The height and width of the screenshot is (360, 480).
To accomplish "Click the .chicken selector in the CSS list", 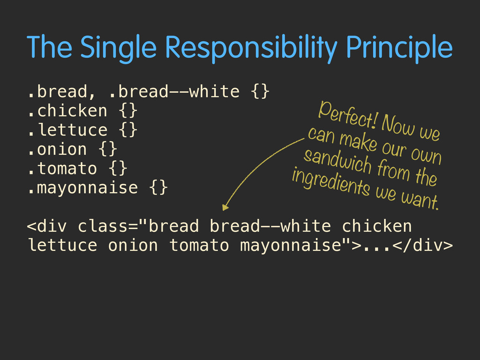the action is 67,111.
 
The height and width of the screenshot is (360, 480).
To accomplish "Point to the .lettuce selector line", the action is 67,130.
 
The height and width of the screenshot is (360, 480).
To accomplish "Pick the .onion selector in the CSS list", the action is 58,150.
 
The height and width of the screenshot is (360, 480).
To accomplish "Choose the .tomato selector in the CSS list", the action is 62,169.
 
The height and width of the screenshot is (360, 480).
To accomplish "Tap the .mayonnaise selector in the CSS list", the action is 82,188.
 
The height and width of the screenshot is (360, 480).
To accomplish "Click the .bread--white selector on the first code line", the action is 174,91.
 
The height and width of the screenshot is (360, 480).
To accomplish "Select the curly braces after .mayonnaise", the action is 158,187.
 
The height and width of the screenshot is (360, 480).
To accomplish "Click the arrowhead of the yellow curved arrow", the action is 225,208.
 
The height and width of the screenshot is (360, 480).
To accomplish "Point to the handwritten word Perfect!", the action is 347,115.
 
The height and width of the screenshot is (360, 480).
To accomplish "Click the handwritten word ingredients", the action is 331,182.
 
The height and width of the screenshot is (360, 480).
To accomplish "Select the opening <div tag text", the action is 47,226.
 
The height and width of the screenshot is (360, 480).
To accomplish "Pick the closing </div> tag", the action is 423,245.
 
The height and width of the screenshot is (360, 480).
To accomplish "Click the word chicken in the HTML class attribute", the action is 377,226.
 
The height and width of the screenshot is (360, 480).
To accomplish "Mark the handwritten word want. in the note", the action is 420,200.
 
